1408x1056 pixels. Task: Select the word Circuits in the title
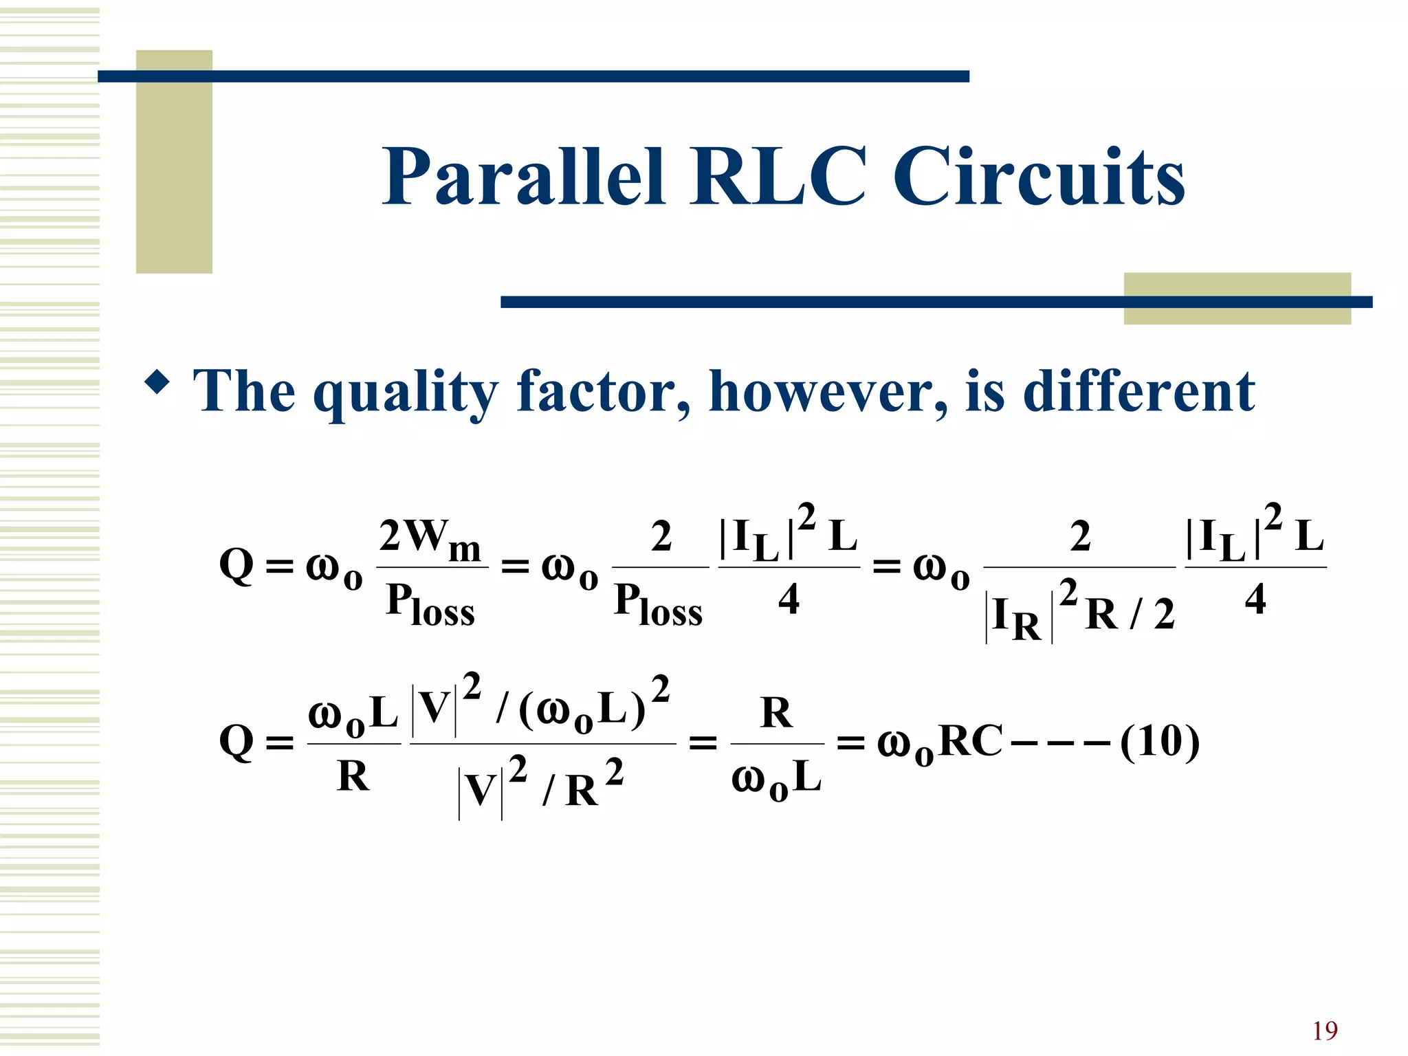[x=1039, y=177]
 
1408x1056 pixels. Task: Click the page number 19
[x=1324, y=1031]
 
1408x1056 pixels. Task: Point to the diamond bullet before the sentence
[x=157, y=382]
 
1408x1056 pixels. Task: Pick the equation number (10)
[x=1160, y=742]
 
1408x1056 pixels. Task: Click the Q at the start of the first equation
[x=236, y=566]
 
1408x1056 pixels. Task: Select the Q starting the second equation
[x=236, y=743]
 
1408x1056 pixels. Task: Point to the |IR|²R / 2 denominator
[x=1079, y=613]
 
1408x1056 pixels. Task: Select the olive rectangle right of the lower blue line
[x=1237, y=298]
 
